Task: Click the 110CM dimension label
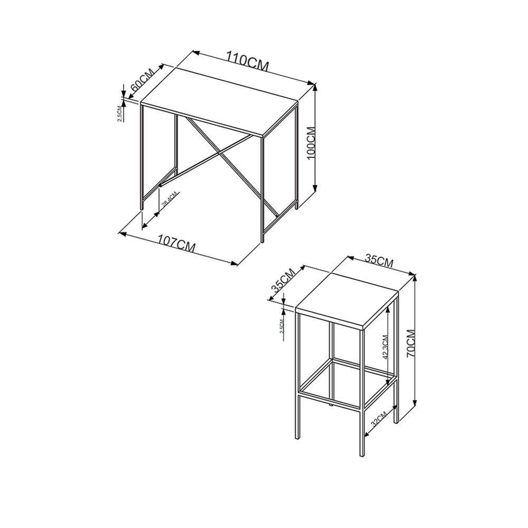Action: tap(248, 60)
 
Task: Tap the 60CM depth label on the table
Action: tap(142, 81)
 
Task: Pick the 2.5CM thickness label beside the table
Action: tap(120, 113)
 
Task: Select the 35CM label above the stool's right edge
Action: tap(379, 261)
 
